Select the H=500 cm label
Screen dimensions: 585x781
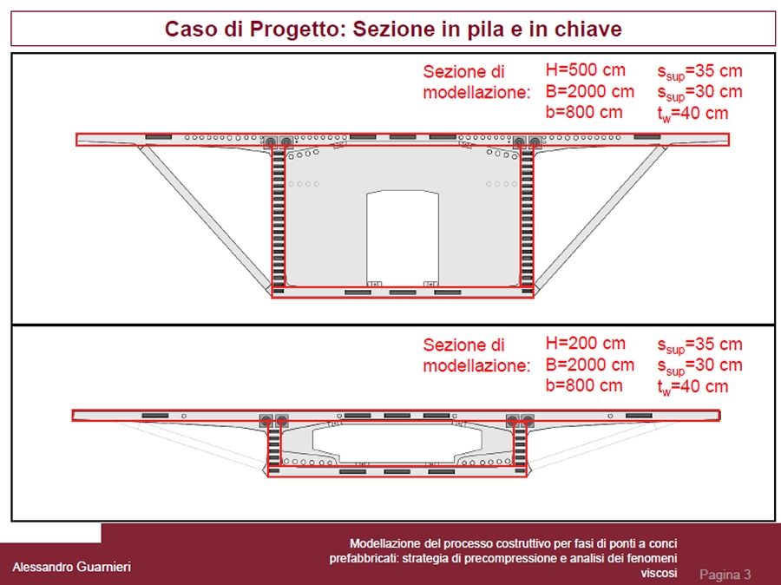[585, 70]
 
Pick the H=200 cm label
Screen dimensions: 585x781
[585, 344]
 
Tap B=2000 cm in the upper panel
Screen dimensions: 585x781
[589, 91]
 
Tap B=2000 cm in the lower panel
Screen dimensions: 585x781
[589, 365]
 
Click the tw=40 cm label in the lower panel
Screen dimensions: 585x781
[692, 386]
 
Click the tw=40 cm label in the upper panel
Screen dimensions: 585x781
[692, 113]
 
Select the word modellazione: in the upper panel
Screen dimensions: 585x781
[476, 93]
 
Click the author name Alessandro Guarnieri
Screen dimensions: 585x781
[71, 567]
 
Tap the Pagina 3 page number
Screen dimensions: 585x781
[725, 575]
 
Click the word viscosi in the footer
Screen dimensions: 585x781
[659, 573]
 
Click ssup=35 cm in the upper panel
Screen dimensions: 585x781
[699, 71]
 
